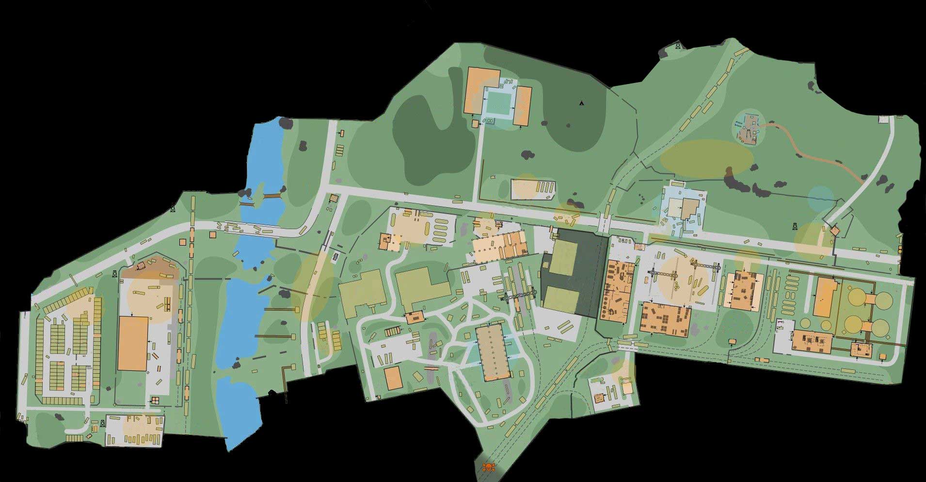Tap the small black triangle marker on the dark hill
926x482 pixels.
[x=581, y=103]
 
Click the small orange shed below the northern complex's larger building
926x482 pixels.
[x=475, y=124]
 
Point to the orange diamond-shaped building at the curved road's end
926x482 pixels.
[x=834, y=231]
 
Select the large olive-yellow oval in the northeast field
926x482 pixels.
[x=706, y=157]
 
